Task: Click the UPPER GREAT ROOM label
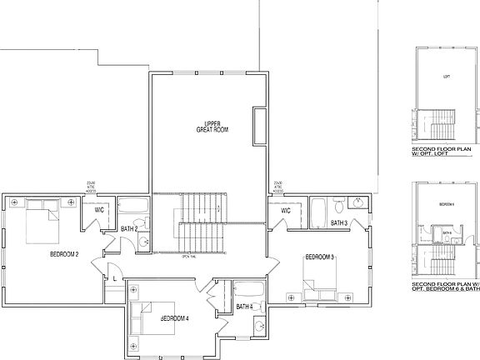[212, 127]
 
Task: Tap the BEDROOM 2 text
[64, 253]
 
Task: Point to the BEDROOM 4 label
[175, 318]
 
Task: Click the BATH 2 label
[129, 228]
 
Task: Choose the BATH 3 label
[339, 223]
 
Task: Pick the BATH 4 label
[244, 307]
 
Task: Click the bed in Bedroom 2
[42, 221]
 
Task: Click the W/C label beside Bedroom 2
[99, 210]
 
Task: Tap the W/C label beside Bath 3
[286, 211]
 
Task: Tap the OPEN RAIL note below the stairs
[187, 256]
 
